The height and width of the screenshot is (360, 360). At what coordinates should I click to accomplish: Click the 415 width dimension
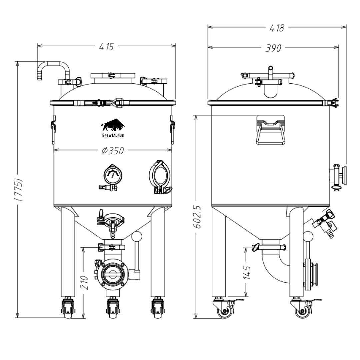(107, 47)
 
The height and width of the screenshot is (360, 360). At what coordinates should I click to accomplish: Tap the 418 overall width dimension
(277, 28)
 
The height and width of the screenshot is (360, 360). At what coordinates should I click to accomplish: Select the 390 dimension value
(273, 48)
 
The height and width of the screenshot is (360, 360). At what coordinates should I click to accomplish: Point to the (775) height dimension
(19, 189)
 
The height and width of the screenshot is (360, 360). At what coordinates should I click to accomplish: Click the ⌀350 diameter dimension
(113, 151)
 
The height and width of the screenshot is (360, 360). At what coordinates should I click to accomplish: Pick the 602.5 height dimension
(197, 217)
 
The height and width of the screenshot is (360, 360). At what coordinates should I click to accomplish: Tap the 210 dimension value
(85, 282)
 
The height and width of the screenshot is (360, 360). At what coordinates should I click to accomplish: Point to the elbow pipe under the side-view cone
(273, 267)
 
